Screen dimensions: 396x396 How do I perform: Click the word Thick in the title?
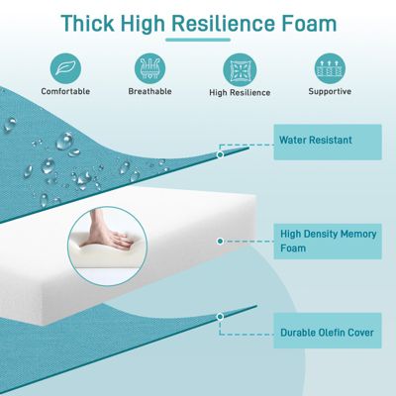[x=93, y=23]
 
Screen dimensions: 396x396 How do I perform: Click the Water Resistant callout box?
[x=326, y=141]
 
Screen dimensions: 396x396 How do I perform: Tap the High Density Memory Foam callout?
[x=326, y=241]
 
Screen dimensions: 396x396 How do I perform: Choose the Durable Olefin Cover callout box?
[x=326, y=332]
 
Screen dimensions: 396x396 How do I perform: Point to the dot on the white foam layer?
[x=220, y=241]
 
